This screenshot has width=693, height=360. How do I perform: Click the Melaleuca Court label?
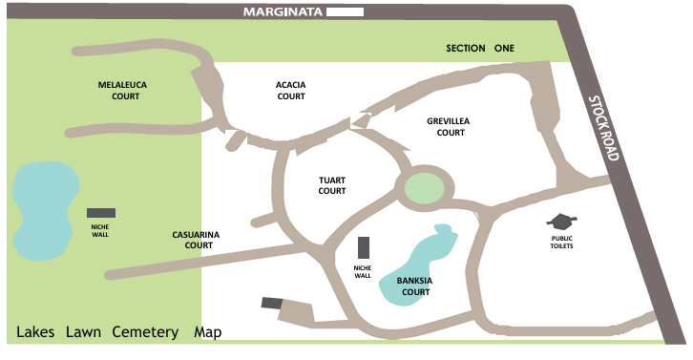point(121,90)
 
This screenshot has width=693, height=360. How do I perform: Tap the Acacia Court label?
point(291,90)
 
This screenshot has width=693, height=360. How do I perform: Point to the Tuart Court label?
point(331,184)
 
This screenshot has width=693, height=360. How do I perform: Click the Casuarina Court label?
point(192,239)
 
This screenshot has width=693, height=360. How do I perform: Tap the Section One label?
point(480,48)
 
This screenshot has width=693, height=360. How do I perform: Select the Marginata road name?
point(283,13)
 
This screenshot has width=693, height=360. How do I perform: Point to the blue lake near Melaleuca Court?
point(43,210)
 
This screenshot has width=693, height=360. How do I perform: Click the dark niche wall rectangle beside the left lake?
point(101,212)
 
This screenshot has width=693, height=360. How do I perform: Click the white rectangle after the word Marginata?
point(344,13)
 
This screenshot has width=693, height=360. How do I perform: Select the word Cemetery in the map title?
point(145,332)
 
